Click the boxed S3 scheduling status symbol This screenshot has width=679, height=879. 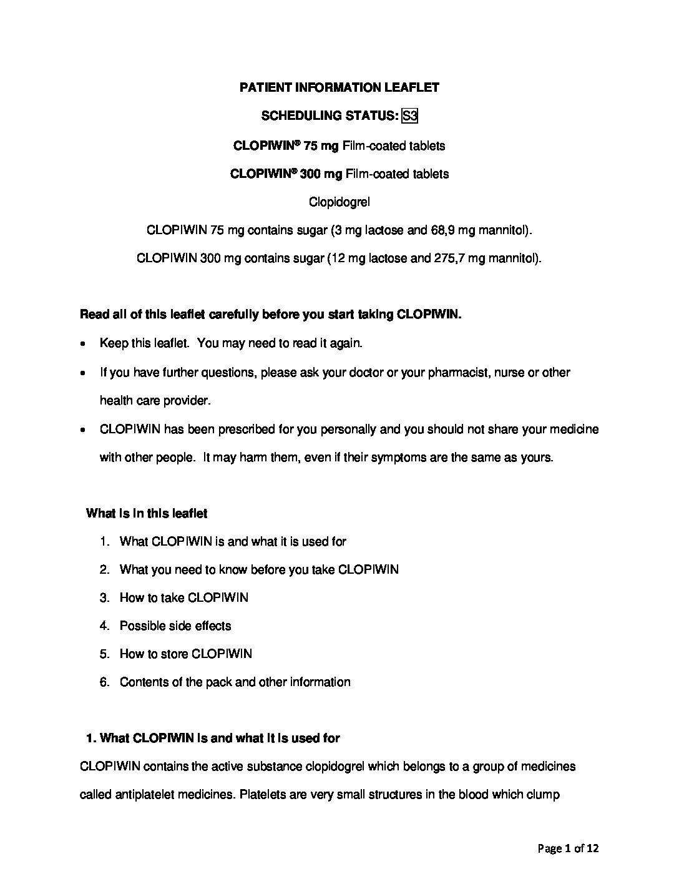coord(409,116)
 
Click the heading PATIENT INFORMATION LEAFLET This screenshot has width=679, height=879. coord(339,87)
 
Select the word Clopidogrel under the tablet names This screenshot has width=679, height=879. coord(339,202)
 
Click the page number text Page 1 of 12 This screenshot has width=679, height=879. coord(568,848)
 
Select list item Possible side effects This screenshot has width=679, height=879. coord(175,626)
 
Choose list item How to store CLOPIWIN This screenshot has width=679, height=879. coord(186,654)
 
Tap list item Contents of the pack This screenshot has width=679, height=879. coord(235,682)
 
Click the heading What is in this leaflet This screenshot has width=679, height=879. coord(147,514)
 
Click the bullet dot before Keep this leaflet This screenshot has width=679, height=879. coord(84,344)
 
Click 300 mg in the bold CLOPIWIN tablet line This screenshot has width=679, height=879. coord(321,174)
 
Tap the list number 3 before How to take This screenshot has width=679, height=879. coord(104,598)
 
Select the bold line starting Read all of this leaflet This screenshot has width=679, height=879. coord(270,315)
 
